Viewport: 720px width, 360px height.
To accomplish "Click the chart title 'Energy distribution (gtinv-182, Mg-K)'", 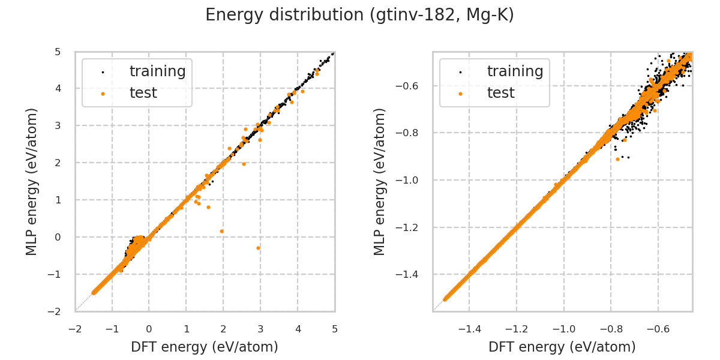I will (360, 16).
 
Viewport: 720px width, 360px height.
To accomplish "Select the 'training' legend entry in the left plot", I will (157, 71).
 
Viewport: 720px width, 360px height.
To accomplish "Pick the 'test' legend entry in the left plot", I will (143, 93).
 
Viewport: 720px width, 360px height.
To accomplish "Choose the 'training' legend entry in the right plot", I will (515, 71).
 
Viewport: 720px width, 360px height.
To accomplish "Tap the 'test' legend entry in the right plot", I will (501, 93).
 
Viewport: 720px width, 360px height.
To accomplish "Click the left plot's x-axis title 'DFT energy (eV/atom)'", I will (205, 347).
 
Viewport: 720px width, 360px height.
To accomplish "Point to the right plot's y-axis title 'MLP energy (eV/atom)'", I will (380, 181).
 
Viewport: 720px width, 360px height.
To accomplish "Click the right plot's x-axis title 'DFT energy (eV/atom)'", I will (562, 347).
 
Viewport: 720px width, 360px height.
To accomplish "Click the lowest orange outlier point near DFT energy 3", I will (259, 248).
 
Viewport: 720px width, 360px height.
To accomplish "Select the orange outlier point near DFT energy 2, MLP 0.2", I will (222, 231).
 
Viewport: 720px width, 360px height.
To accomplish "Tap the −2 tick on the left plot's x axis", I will (75, 329).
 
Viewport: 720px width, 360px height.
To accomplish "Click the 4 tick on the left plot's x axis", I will (298, 329).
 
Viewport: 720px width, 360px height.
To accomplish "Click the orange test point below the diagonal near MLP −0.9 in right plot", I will (618, 159).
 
